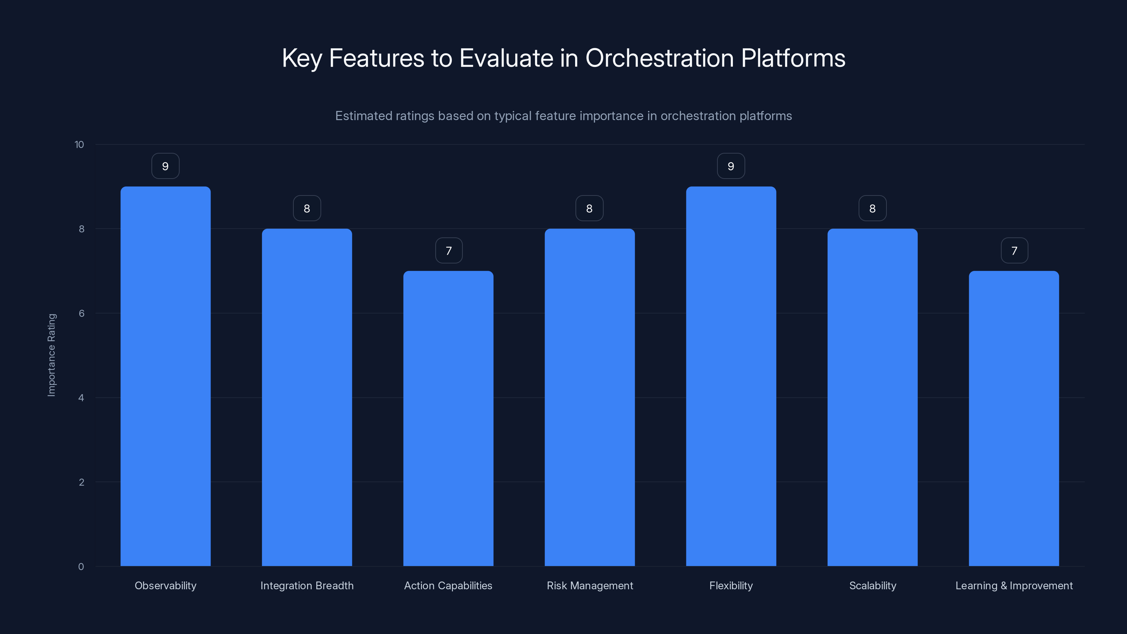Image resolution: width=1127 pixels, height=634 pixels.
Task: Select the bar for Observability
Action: click(166, 376)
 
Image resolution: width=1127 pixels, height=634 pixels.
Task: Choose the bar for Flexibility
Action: click(731, 376)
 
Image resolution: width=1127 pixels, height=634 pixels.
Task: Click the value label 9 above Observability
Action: click(166, 166)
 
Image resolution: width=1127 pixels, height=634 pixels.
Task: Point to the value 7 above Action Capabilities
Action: click(448, 251)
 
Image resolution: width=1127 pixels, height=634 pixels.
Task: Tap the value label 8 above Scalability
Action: click(872, 209)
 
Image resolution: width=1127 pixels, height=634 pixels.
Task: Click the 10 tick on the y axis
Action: click(79, 144)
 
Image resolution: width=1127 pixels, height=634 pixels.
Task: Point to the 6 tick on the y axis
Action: click(81, 313)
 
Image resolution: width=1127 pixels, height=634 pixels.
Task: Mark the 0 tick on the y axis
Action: click(81, 567)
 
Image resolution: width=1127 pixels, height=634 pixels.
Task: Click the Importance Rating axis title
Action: click(52, 355)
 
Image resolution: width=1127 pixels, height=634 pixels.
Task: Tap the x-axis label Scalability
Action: click(872, 585)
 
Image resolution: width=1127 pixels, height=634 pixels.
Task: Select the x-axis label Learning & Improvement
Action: click(1014, 585)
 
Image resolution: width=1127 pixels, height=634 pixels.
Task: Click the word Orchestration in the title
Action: click(659, 58)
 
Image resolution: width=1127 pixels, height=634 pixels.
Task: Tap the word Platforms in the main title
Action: click(793, 58)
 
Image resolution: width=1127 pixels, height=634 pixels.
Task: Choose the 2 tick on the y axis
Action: click(81, 482)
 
